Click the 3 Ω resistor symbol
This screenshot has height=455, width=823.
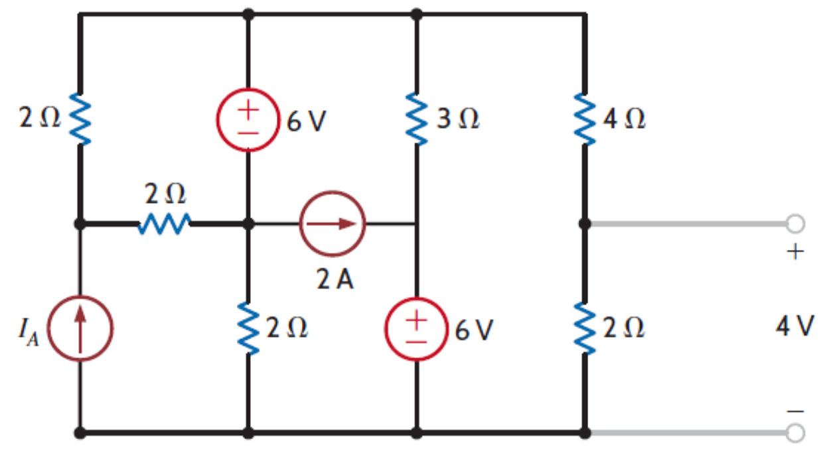[416, 120]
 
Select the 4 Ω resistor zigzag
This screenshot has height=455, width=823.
[584, 120]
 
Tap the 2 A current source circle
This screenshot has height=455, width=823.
[333, 224]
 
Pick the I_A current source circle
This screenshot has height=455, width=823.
[80, 329]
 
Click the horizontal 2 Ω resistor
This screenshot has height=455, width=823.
[165, 224]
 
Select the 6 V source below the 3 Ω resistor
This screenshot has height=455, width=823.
[416, 329]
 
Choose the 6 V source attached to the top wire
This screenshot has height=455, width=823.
[248, 120]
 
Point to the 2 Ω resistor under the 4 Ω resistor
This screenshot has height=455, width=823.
[584, 329]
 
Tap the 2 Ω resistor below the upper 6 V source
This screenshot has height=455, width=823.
[248, 329]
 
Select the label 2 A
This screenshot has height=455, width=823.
[335, 280]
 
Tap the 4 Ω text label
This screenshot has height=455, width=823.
[625, 121]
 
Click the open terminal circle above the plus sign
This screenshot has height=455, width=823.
[795, 224]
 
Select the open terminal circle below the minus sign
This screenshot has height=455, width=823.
[795, 433]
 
